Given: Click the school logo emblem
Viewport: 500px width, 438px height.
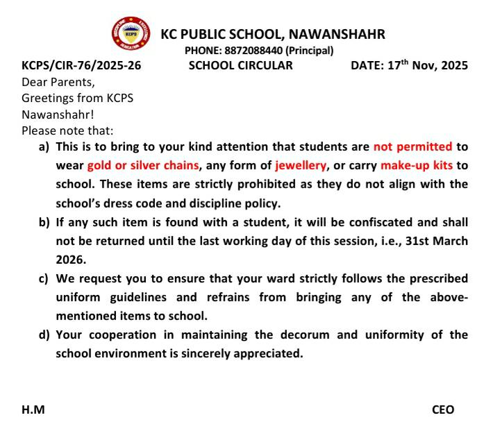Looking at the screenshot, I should pyautogui.click(x=131, y=33).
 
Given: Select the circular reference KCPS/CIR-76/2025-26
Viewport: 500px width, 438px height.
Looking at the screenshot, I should pyautogui.click(x=81, y=66).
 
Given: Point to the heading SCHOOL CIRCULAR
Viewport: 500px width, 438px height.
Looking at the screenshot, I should pyautogui.click(x=240, y=66).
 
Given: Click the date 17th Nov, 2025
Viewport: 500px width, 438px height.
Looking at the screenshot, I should pyautogui.click(x=428, y=66).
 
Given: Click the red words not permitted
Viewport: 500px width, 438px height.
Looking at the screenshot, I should pyautogui.click(x=412, y=147).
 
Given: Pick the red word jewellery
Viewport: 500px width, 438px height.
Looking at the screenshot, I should pyautogui.click(x=301, y=166).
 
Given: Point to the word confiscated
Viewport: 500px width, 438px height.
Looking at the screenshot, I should pyautogui.click(x=332, y=222).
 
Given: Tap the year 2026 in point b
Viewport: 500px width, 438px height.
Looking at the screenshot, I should pyautogui.click(x=70, y=260).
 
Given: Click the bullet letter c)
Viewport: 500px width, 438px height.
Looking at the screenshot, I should pyautogui.click(x=44, y=279).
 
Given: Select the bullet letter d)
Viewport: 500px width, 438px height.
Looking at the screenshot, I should pyautogui.click(x=44, y=335).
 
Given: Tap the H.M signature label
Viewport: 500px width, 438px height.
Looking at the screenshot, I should pyautogui.click(x=33, y=410).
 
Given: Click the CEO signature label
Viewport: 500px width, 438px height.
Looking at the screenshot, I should pyautogui.click(x=443, y=410).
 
